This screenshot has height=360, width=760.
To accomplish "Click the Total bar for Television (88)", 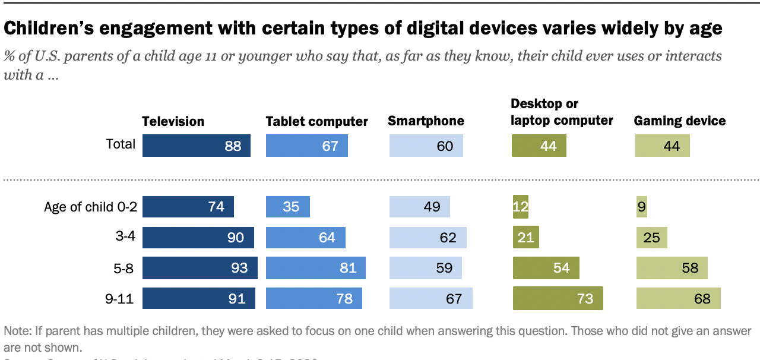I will tap(196, 146).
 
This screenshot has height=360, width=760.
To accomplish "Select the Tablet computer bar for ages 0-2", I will tap(287, 207).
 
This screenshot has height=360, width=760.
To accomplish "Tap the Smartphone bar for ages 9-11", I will tap(430, 298).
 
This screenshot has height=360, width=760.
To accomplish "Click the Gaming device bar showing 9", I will tap(641, 207).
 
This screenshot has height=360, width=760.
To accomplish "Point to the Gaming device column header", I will tap(680, 121).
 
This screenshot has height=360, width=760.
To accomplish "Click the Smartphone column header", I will tap(426, 121).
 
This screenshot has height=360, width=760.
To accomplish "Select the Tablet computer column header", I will tap(316, 121).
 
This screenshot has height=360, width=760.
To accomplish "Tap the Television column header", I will tap(173, 121).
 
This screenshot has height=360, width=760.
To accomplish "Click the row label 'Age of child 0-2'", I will tap(90, 207).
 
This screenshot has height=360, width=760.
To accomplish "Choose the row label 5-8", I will tap(123, 268).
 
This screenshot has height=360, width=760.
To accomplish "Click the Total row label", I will tap(121, 144).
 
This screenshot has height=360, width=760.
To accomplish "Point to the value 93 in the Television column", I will tap(239, 268).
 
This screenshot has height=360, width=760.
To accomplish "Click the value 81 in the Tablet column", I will tap(347, 268).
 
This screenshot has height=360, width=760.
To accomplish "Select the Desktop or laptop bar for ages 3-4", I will tap(525, 238).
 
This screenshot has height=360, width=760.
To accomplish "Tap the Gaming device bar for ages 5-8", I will tap(671, 268).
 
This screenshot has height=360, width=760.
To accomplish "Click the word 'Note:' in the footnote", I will tap(18, 331).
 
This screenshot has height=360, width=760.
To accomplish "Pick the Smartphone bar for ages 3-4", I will tap(427, 238).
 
